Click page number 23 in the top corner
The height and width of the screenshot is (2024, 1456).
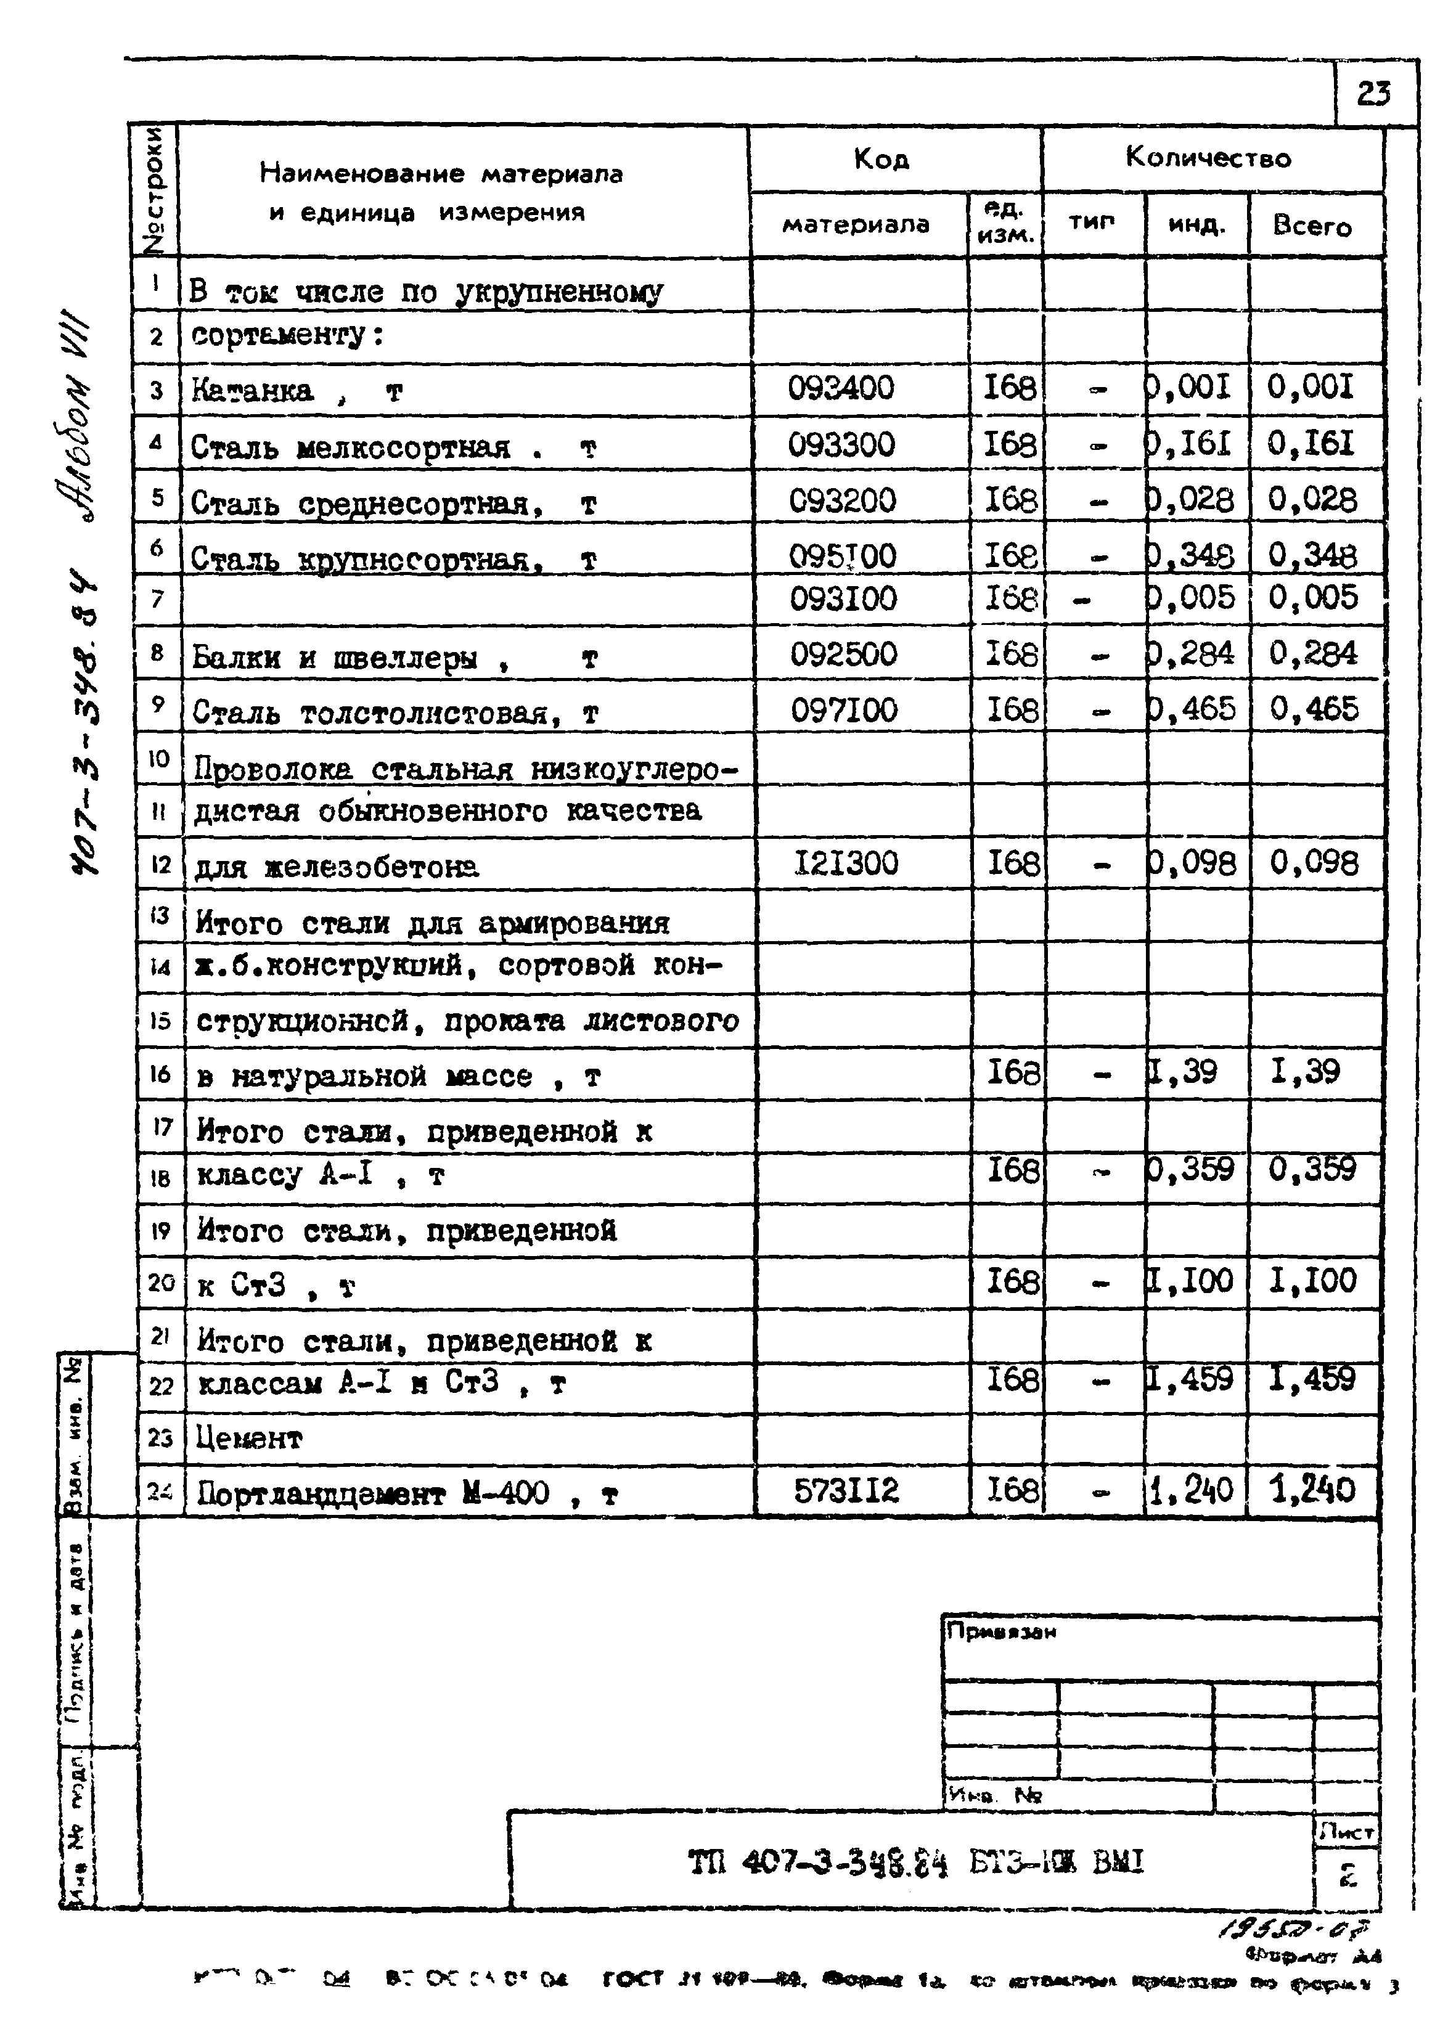[1373, 93]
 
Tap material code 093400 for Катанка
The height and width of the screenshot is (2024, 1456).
[840, 388]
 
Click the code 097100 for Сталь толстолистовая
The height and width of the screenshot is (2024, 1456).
[844, 711]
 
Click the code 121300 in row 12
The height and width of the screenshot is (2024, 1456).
[846, 863]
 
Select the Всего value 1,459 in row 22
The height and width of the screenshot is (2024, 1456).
[1312, 1380]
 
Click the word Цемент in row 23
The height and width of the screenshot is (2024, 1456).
[250, 1438]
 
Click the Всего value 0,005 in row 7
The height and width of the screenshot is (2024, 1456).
[1313, 598]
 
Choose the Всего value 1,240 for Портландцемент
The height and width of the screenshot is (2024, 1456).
[1312, 1490]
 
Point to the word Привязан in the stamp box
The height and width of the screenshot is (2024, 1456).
[1000, 1632]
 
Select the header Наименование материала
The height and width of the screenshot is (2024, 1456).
[441, 173]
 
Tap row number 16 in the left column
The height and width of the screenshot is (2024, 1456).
[160, 1074]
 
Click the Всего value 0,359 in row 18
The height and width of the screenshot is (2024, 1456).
[1312, 1169]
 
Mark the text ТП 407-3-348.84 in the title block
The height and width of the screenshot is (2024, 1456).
[817, 1863]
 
